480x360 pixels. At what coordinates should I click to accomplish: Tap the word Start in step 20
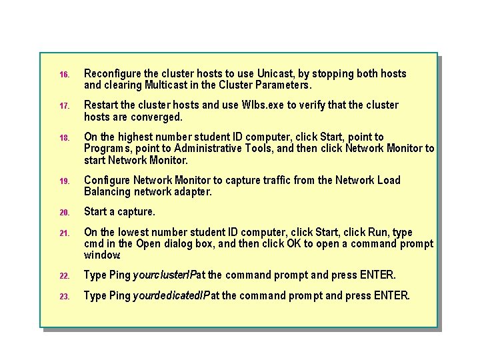96,211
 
